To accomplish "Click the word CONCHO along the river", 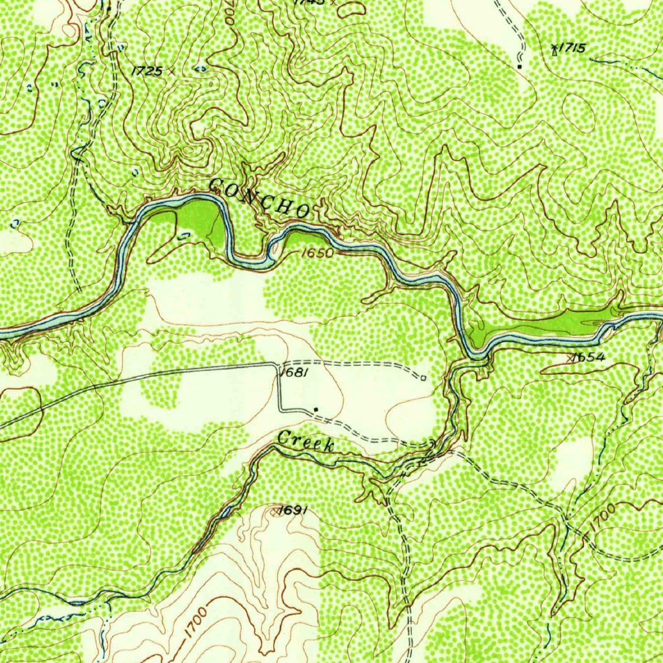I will point(259,197).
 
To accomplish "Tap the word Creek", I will point(305,441).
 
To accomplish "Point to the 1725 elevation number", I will point(146,71).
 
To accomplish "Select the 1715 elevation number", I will point(572,47).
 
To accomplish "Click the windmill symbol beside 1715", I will point(554,51).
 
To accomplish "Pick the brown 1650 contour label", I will point(317,253).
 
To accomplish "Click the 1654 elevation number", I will point(589,357).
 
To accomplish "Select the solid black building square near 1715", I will point(519,66).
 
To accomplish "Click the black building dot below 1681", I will point(315,409).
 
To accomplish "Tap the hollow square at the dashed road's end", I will point(423,377).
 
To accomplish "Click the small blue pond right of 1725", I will point(201,68).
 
